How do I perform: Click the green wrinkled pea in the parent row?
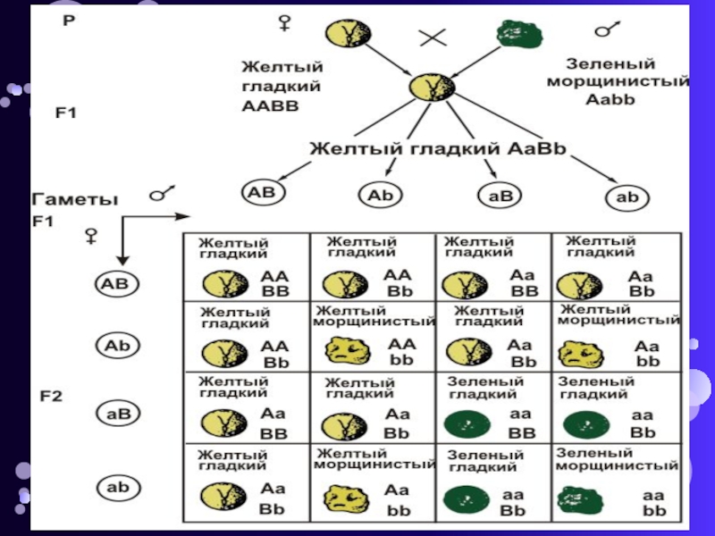(517, 36)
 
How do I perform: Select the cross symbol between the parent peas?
(433, 38)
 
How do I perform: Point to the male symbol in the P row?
(609, 29)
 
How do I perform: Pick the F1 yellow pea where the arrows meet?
(425, 88)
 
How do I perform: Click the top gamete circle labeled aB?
(493, 193)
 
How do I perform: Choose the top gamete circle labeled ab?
(628, 197)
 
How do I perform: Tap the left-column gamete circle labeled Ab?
(118, 345)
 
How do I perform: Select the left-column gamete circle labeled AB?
(118, 285)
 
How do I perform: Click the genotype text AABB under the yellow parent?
(269, 105)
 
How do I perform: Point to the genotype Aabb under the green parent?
(610, 98)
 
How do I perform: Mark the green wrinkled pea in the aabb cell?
(576, 498)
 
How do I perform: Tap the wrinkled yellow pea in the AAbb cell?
(346, 349)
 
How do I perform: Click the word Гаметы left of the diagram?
(74, 201)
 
